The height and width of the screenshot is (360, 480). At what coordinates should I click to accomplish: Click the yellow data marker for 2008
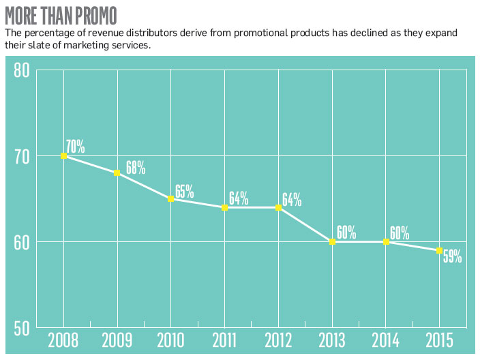63,156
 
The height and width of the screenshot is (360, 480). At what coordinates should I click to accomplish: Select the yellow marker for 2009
117,173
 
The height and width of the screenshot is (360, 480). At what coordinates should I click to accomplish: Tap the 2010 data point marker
171,198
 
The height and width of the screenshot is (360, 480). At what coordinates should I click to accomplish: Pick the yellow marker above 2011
225,207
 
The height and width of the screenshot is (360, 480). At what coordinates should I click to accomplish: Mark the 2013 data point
333,242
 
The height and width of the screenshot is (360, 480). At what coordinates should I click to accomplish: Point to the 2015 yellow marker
439,250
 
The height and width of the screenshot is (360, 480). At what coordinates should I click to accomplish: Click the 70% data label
75,147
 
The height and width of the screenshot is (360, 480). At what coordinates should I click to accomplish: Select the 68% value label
136,168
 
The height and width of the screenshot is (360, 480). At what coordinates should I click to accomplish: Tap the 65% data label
184,192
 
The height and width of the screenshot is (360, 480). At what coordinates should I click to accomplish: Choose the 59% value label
453,256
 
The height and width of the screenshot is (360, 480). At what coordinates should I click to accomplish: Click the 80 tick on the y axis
22,70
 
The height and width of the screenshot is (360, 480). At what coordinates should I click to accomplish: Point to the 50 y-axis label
22,329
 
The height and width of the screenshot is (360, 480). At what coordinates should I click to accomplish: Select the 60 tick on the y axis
22,243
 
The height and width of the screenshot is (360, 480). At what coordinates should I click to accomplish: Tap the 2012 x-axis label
278,340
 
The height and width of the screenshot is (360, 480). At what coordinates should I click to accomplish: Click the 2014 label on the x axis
386,340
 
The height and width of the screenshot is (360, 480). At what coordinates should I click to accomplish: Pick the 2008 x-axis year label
63,340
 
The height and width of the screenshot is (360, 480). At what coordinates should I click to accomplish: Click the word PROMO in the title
96,16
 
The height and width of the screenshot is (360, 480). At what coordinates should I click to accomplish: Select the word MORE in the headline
21,16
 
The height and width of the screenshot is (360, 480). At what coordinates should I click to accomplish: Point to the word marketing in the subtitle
87,45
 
